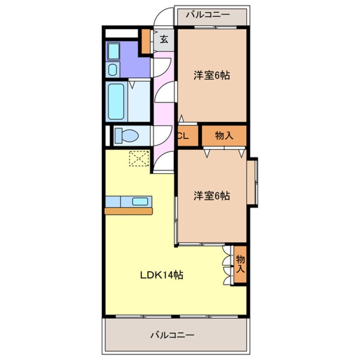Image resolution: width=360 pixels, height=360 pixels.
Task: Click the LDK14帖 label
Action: [162, 275]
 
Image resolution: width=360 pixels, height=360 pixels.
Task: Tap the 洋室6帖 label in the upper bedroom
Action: [212, 76]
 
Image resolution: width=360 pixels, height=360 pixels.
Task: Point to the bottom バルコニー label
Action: [172, 335]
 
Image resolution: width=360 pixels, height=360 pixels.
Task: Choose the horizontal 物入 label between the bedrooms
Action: [224, 136]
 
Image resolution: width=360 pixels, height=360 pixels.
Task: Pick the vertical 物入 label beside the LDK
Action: [240, 264]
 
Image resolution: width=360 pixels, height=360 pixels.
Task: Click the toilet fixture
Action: [126, 136]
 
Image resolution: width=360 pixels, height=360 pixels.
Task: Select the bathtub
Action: [116, 101]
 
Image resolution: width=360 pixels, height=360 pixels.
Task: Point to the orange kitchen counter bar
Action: [129, 211]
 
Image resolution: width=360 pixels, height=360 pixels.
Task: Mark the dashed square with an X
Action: [139, 158]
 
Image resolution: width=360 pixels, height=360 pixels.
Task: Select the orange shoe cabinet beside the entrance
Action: [146, 41]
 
